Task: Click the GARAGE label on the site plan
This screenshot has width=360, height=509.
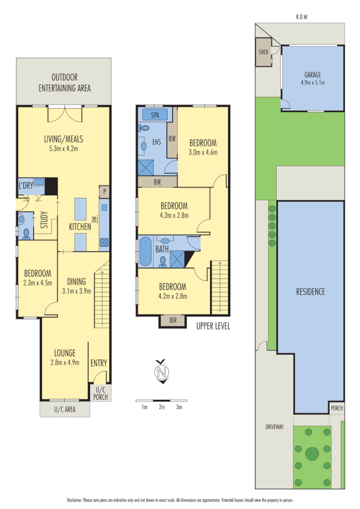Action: tap(312, 75)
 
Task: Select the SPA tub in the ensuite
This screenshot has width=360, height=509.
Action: tap(155, 115)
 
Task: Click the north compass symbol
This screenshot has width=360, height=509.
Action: tap(163, 372)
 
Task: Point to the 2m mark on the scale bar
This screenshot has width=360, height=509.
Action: tap(162, 407)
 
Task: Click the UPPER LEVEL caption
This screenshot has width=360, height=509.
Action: tap(213, 326)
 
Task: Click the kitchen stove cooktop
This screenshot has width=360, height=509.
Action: tap(104, 243)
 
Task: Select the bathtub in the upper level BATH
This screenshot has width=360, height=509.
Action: tap(146, 252)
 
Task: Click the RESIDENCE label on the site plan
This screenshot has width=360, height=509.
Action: tap(311, 292)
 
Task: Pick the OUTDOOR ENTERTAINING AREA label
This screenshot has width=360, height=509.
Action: tap(64, 83)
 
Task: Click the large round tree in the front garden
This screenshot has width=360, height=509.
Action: tap(312, 453)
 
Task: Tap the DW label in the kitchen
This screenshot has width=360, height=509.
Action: tap(95, 219)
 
